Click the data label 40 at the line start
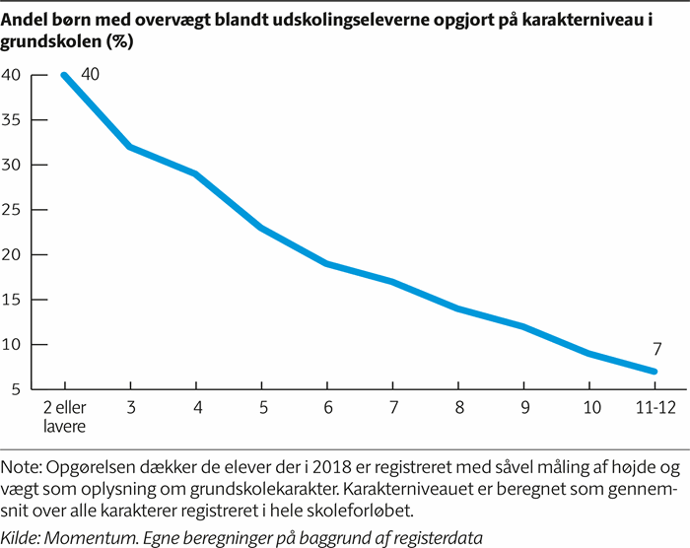[91, 74]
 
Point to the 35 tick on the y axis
[14, 119]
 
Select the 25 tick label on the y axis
[14, 210]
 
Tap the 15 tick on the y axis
[14, 300]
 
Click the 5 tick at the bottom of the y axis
[18, 390]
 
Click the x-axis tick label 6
[327, 408]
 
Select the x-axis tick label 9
[523, 408]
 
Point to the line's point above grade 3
[131, 147]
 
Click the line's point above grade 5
[262, 228]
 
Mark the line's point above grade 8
[458, 308]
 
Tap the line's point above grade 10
[588, 354]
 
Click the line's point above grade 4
[196, 173]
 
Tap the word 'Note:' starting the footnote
[23, 467]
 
